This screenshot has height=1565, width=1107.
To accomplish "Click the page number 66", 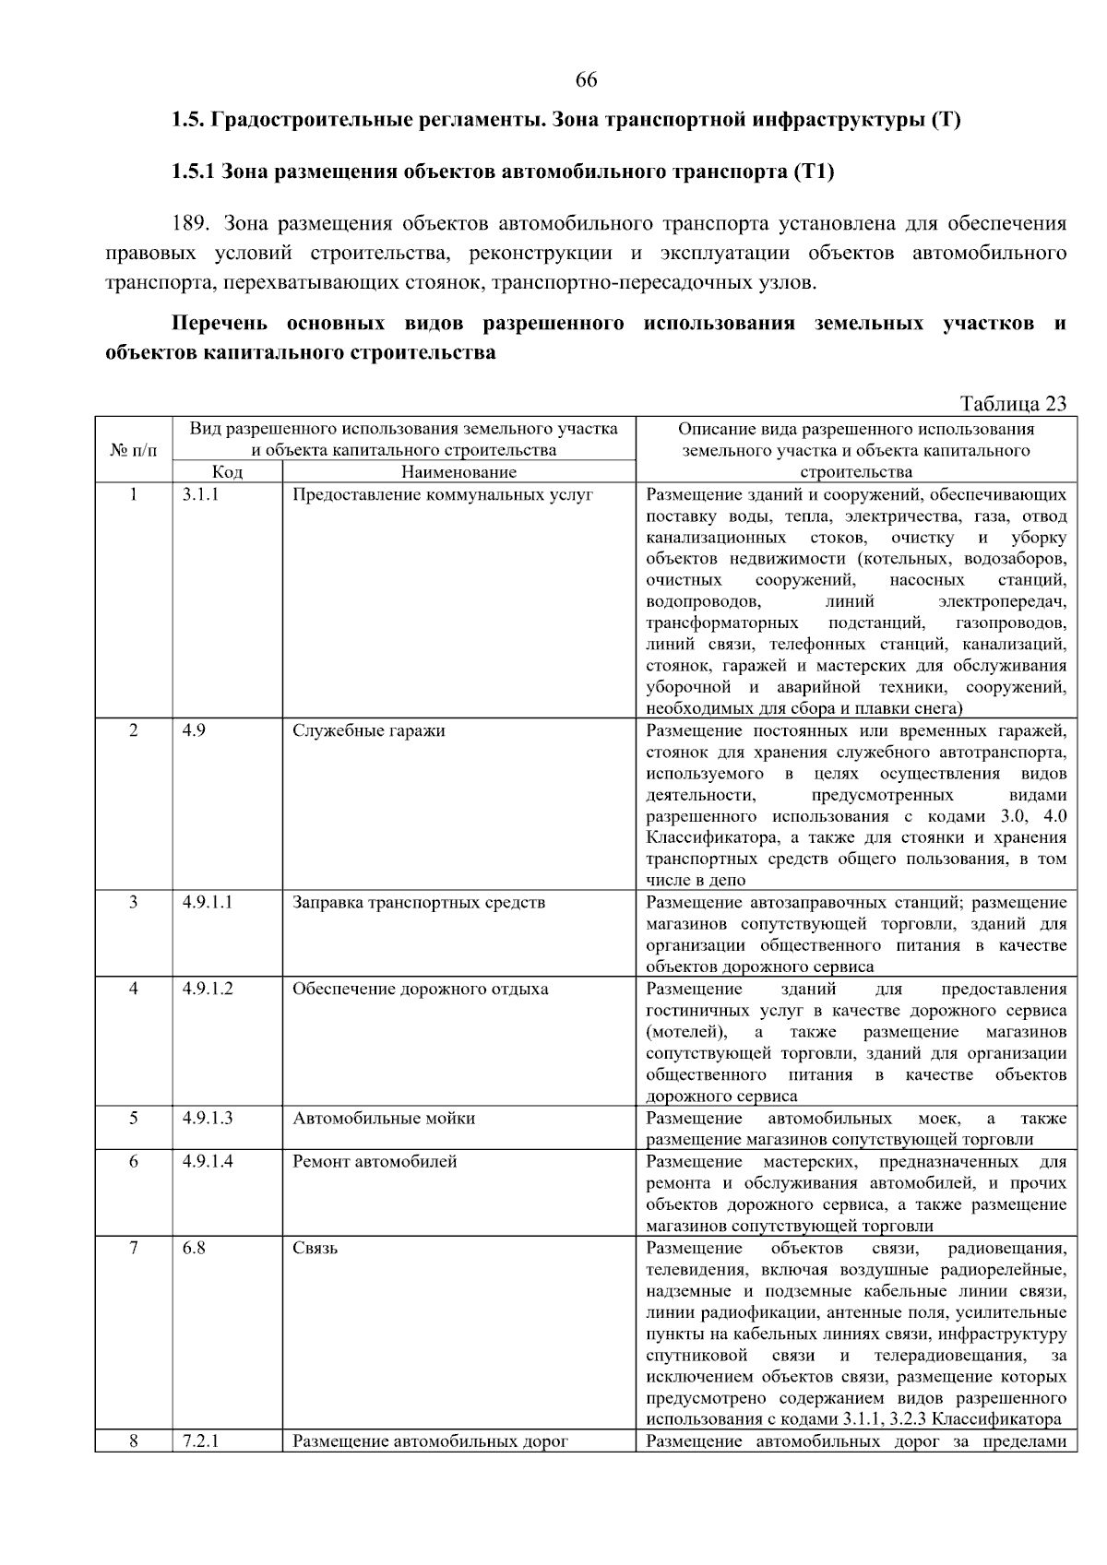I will coord(586,80).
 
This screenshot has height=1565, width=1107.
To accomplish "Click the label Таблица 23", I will coord(1012,404).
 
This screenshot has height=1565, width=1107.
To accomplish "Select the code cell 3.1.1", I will coord(200,494).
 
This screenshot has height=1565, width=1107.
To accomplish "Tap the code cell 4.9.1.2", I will coord(208,989).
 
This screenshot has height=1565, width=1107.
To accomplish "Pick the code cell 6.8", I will coord(194,1248).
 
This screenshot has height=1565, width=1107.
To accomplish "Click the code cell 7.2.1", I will coord(200,1441).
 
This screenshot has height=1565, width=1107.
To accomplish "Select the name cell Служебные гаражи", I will coord(368,730).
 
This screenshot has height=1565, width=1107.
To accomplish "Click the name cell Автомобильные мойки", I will coord(384,1118).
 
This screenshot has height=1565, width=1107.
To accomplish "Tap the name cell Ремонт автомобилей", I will coord(375,1161).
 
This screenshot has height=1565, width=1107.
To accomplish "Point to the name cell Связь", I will coord(315,1248).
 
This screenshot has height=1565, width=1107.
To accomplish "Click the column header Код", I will coord(227,472).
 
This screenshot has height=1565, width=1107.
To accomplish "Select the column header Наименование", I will coord(458,472).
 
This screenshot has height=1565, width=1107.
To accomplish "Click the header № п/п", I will coord(134,451).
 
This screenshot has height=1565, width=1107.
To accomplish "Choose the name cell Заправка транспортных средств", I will coord(419,902).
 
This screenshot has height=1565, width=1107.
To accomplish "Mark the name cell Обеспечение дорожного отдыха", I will coord(420,989).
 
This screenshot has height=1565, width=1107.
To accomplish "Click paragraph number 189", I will coord(191,223).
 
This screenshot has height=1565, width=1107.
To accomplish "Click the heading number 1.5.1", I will coord(193,172).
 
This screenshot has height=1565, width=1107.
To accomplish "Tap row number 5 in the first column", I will coord(134,1118).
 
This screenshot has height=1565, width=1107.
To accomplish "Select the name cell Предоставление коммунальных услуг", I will coord(442,494).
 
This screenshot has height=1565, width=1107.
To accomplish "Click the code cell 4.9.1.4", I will coord(208,1161).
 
